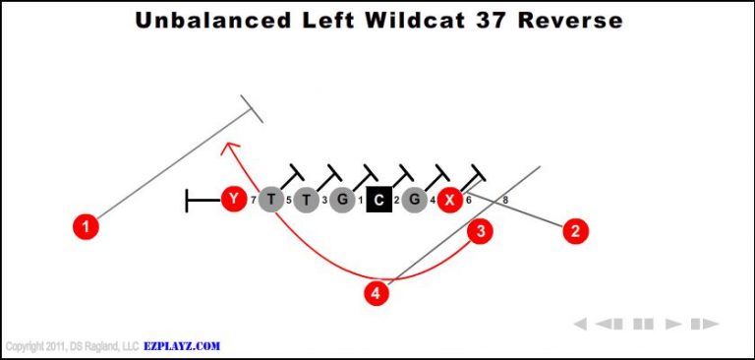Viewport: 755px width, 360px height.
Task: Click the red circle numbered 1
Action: (87, 227)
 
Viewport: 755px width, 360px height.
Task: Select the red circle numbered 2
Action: (575, 232)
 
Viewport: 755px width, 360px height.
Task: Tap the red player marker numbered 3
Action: (480, 232)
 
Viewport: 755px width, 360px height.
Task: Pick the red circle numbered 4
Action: (375, 292)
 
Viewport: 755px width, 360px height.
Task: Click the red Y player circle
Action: (233, 200)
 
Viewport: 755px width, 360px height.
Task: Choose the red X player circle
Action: (449, 200)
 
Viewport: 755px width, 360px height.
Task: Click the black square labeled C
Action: (378, 200)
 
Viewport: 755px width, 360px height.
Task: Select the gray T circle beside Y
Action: (270, 200)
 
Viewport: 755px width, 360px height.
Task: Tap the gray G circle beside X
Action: (415, 200)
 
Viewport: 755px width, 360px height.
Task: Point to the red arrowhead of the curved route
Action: (229, 148)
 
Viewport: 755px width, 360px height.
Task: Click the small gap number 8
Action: (505, 201)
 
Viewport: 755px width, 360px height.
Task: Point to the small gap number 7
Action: (253, 201)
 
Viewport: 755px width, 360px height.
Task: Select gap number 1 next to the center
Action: (361, 201)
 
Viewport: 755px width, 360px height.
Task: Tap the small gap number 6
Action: (468, 201)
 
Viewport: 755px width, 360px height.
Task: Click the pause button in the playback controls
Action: (644, 324)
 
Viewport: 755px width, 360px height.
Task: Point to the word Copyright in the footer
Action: (25, 347)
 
